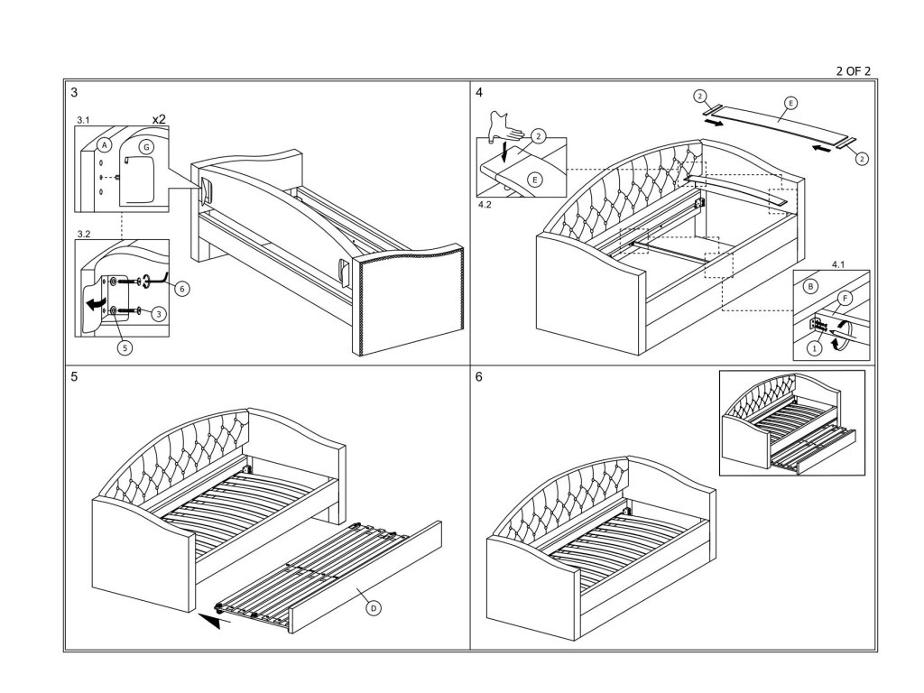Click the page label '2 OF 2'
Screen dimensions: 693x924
pyautogui.click(x=853, y=70)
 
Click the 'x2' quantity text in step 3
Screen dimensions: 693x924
pyautogui.click(x=159, y=119)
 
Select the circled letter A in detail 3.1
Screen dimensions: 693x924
pyautogui.click(x=104, y=144)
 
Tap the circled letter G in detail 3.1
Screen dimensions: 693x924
pyautogui.click(x=146, y=146)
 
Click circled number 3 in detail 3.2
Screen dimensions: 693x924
pyautogui.click(x=158, y=314)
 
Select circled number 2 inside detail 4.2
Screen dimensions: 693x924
pyautogui.click(x=539, y=136)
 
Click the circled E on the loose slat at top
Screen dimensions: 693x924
pyautogui.click(x=790, y=104)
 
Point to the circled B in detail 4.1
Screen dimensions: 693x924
pyautogui.click(x=811, y=286)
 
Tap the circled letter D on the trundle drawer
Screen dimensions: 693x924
pyautogui.click(x=374, y=608)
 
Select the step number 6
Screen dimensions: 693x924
pyautogui.click(x=478, y=377)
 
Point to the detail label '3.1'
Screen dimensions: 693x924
pyautogui.click(x=83, y=119)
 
